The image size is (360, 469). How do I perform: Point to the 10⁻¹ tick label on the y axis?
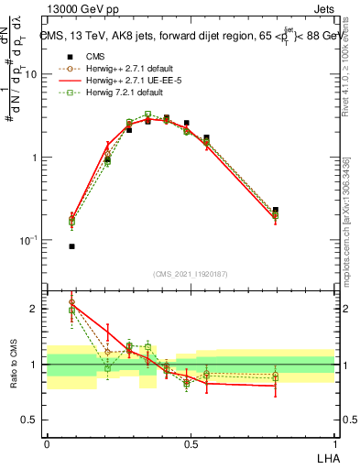coord(27,239)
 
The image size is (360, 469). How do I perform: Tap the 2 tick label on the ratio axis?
coord(34,309)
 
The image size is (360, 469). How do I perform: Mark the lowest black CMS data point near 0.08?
coord(71,246)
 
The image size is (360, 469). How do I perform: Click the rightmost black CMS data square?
coord(276,210)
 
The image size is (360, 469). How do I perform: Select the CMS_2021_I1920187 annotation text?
coord(190,274)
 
